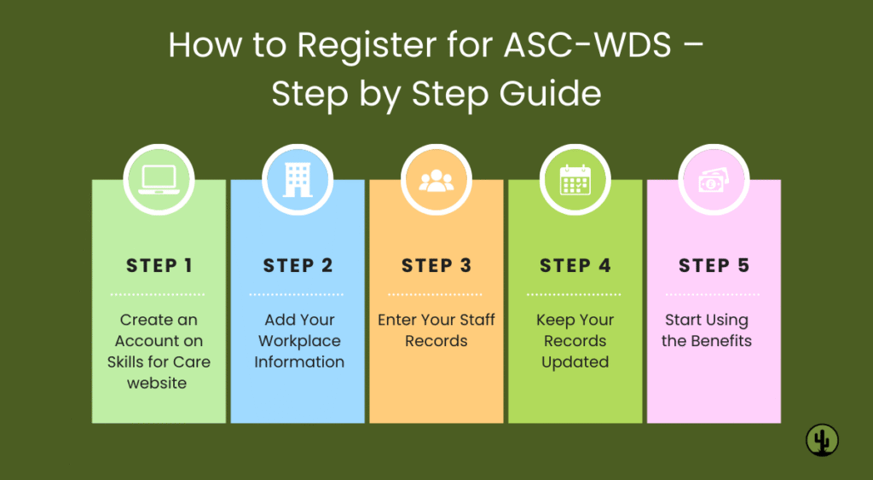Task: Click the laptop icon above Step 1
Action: click(x=159, y=181)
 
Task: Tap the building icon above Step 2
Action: click(x=298, y=181)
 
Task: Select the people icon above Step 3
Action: click(x=436, y=181)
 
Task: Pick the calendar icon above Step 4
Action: click(x=575, y=181)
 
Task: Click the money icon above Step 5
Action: click(x=714, y=181)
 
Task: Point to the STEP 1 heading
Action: click(x=159, y=265)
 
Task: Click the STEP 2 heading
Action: click(x=298, y=265)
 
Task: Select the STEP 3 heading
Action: click(x=436, y=265)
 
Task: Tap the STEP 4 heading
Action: click(x=575, y=265)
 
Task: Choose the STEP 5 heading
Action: click(x=714, y=265)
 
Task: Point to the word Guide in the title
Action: click(x=551, y=94)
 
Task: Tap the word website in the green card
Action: click(x=157, y=383)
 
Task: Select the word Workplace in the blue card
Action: click(x=299, y=341)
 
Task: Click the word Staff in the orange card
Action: click(x=476, y=321)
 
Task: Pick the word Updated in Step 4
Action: click(x=575, y=362)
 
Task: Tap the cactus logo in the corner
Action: click(x=822, y=440)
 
